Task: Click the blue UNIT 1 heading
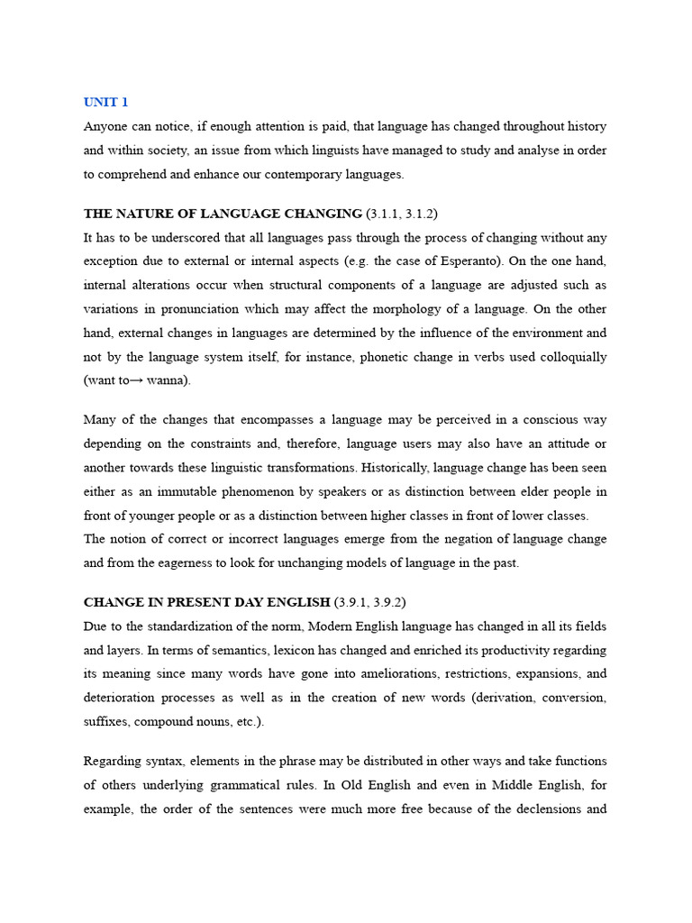tap(105, 102)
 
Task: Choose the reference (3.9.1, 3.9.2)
tap(377, 601)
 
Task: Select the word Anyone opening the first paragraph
tap(105, 127)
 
